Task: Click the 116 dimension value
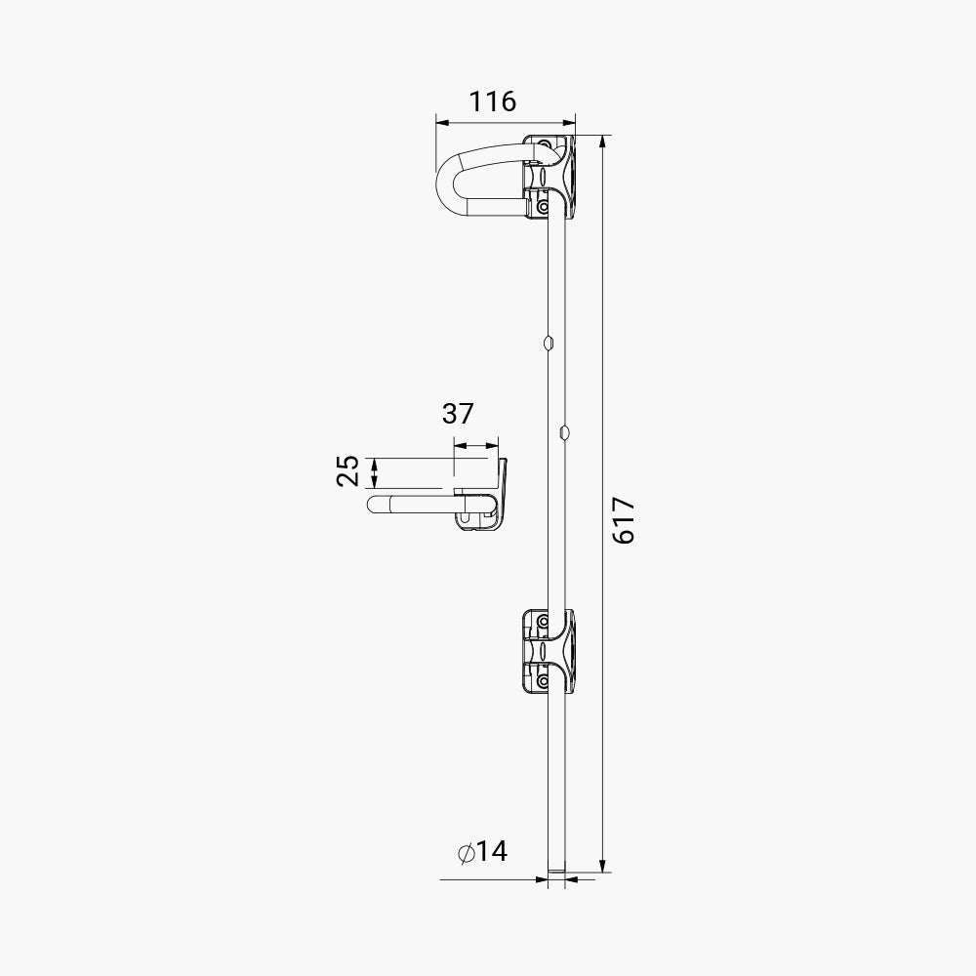(492, 102)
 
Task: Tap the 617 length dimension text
(623, 520)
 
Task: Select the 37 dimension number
(458, 413)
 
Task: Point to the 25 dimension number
(348, 470)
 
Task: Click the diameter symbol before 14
(467, 853)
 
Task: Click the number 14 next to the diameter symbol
(492, 851)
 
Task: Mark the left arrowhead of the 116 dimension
(442, 123)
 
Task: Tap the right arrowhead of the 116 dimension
(569, 123)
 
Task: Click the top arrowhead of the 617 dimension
(602, 142)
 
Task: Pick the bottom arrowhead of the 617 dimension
(602, 865)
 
